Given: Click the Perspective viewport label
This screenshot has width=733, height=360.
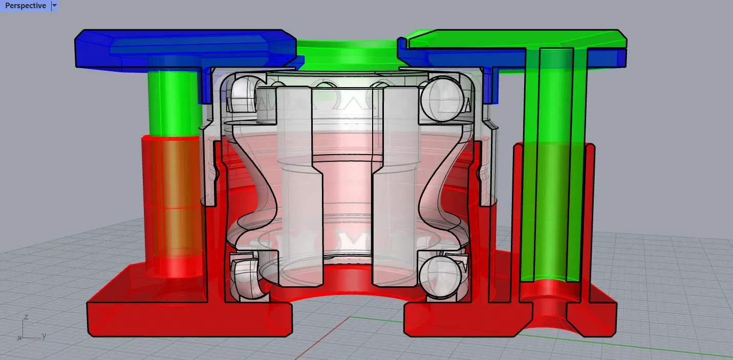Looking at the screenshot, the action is coord(26,6).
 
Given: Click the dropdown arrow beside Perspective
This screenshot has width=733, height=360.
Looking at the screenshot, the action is coord(55,6).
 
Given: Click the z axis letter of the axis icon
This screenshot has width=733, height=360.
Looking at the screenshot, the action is coord(26,317).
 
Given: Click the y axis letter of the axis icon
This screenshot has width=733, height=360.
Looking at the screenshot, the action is coord(44,335).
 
